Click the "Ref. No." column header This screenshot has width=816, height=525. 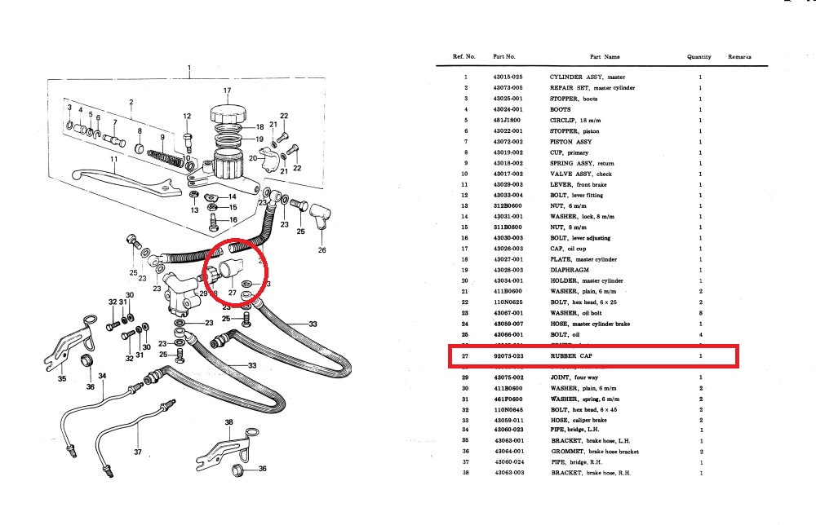[464, 57]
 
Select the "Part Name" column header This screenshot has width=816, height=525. [605, 57]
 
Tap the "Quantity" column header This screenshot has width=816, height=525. [698, 57]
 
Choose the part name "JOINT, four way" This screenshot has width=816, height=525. [575, 377]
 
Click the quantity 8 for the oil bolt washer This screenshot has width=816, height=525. [700, 313]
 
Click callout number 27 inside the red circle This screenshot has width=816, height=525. [232, 292]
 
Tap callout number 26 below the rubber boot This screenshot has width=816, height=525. [322, 250]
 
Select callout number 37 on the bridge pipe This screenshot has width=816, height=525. [138, 452]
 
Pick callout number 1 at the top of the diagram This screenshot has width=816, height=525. [188, 68]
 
